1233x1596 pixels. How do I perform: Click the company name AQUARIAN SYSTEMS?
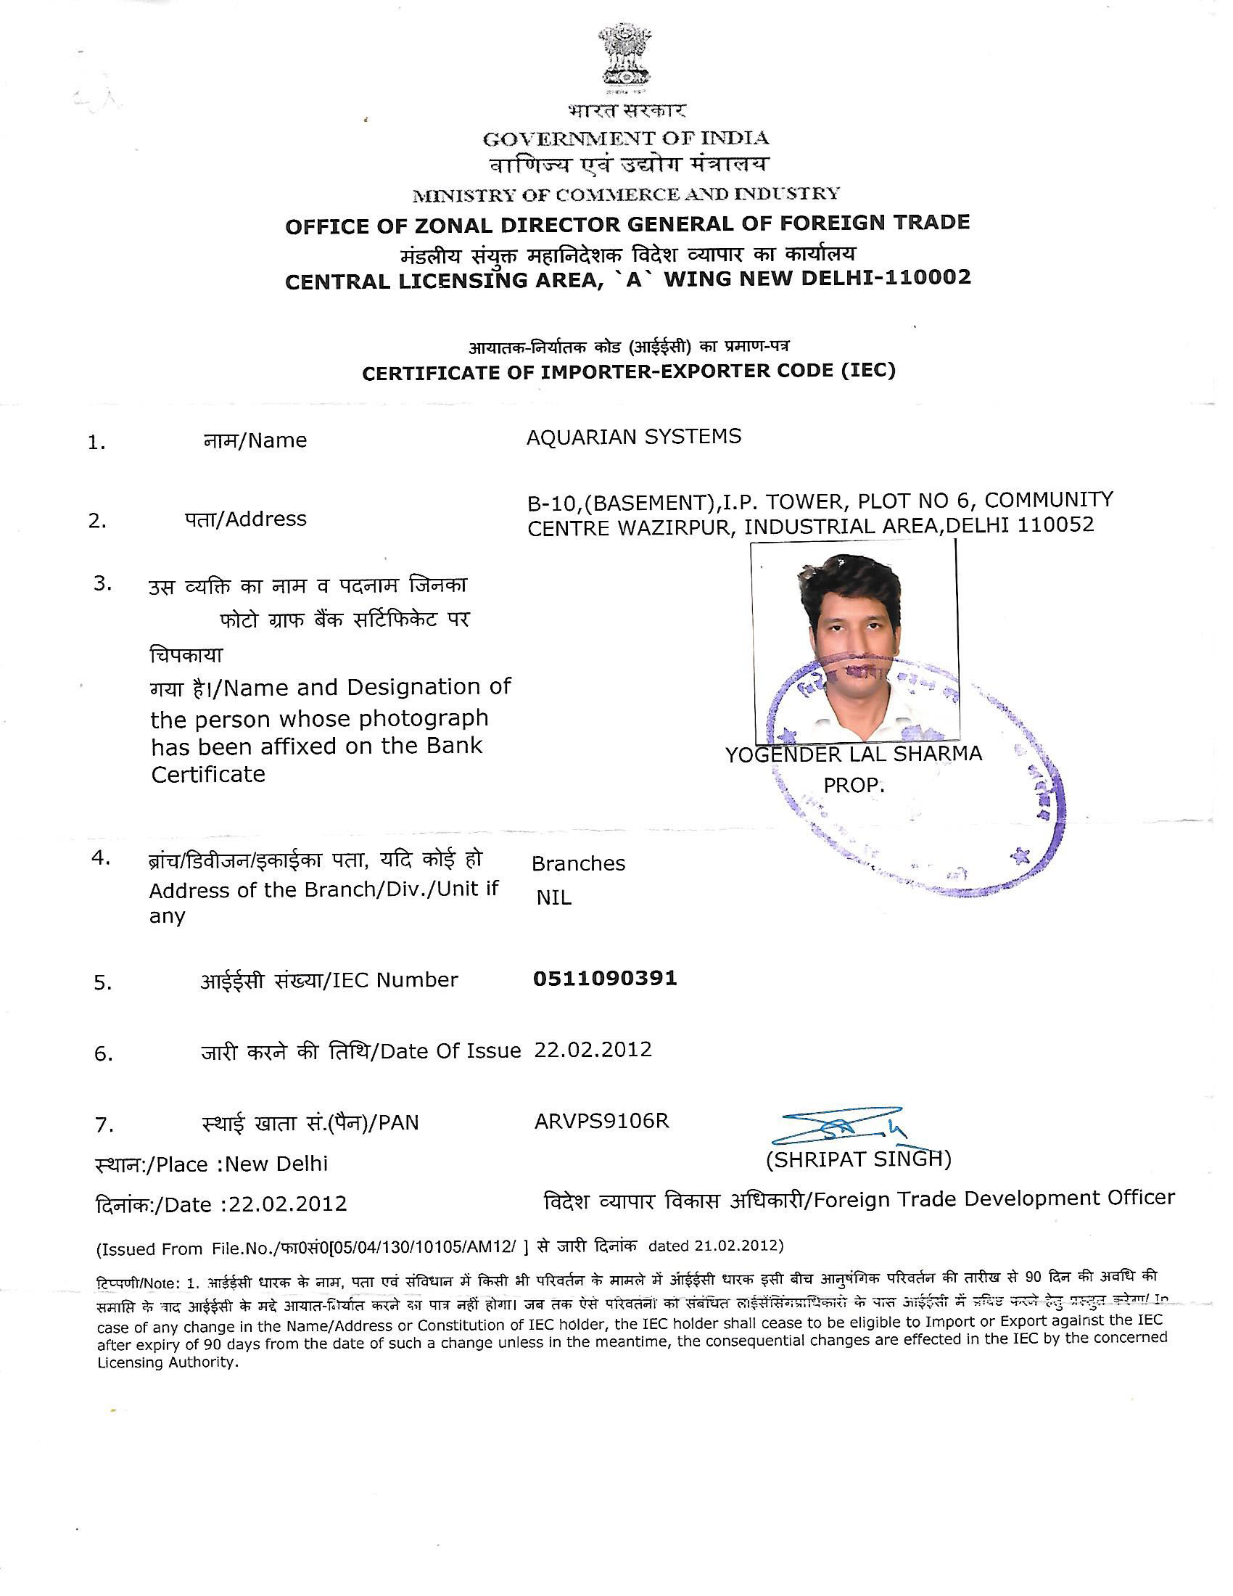[633, 436]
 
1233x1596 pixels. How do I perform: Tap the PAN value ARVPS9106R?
[601, 1121]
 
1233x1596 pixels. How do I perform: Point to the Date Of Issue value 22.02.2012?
[593, 1050]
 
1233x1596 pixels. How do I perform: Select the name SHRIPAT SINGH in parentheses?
[858, 1160]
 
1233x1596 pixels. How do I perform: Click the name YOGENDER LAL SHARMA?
[853, 754]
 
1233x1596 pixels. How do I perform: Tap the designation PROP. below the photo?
[853, 786]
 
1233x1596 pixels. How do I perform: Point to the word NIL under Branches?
[553, 897]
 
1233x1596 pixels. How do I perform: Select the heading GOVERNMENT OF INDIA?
[625, 138]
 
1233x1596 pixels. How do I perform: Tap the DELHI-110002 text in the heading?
[886, 278]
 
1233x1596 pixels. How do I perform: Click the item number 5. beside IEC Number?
[102, 983]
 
